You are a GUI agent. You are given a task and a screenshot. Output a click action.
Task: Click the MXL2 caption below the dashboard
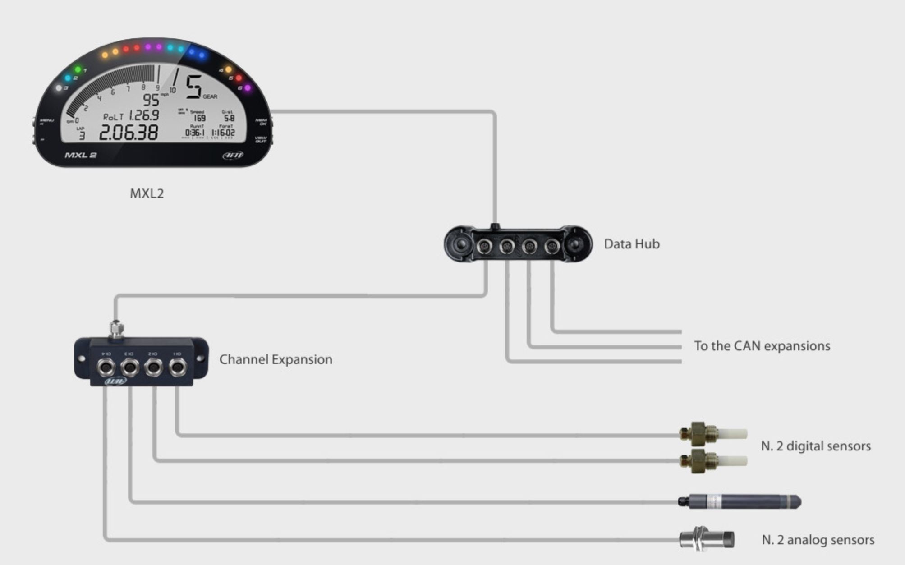tap(147, 193)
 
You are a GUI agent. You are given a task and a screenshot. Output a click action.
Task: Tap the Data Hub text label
tap(631, 244)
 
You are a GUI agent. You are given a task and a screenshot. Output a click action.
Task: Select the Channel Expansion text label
tap(276, 359)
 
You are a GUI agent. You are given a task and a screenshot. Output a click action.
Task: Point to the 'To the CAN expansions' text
tap(762, 346)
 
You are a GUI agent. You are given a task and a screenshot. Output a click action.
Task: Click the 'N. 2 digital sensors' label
tap(815, 446)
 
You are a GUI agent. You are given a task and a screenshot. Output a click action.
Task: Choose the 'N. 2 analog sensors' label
tap(818, 540)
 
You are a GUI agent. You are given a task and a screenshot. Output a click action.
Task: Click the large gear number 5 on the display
tap(194, 87)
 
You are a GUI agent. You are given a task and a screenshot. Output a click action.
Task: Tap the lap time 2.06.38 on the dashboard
tap(129, 133)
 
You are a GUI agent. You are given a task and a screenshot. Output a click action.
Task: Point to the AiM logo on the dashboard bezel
tap(233, 155)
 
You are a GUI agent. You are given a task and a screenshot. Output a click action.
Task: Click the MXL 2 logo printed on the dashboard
tap(81, 155)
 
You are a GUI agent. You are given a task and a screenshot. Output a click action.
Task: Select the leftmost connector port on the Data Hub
tap(484, 246)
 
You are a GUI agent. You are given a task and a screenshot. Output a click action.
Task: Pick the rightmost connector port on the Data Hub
tap(552, 246)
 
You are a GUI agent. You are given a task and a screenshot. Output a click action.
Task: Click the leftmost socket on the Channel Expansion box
tap(106, 367)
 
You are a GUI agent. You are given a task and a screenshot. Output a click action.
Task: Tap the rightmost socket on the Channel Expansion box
tap(178, 367)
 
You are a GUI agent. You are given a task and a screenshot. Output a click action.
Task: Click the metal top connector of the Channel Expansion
tap(116, 329)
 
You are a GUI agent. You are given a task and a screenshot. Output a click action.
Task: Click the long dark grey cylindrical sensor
tap(740, 501)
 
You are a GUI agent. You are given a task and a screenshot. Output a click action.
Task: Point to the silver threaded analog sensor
tap(707, 539)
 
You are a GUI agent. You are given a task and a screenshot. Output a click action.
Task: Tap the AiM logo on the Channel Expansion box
tap(116, 381)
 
